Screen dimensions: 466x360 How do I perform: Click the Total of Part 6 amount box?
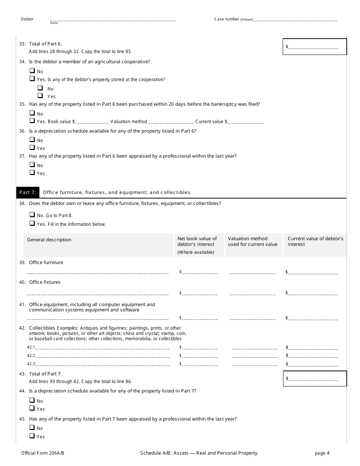315,47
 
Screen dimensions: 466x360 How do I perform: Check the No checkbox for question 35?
32,113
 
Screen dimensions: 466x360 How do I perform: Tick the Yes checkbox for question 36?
32,148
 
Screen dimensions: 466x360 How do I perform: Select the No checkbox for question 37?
32,165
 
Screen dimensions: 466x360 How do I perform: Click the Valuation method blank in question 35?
171,122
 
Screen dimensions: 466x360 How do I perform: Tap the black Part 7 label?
28,192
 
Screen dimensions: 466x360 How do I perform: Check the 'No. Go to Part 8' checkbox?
32,215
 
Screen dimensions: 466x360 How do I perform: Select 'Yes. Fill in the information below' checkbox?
32,224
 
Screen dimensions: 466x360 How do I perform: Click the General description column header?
49,240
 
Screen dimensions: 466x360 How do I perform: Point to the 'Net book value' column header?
197,241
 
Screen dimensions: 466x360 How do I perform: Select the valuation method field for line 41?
252,317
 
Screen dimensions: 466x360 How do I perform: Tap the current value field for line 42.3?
313,364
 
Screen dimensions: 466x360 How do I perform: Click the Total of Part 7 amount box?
315,378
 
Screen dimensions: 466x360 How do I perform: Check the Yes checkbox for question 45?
32,436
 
